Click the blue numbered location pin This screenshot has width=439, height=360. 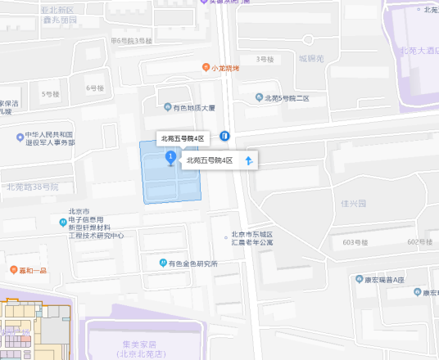(170, 156)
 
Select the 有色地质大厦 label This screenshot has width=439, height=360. (188, 107)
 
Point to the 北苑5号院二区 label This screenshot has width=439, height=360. (282, 98)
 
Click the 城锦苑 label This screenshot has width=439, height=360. (311, 59)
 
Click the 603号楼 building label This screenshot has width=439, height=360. (357, 242)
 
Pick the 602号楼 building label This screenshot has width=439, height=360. (419, 241)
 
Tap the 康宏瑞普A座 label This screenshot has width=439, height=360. (381, 279)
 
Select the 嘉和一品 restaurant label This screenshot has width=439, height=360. (31, 269)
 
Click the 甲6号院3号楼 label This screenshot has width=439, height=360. (131, 40)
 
